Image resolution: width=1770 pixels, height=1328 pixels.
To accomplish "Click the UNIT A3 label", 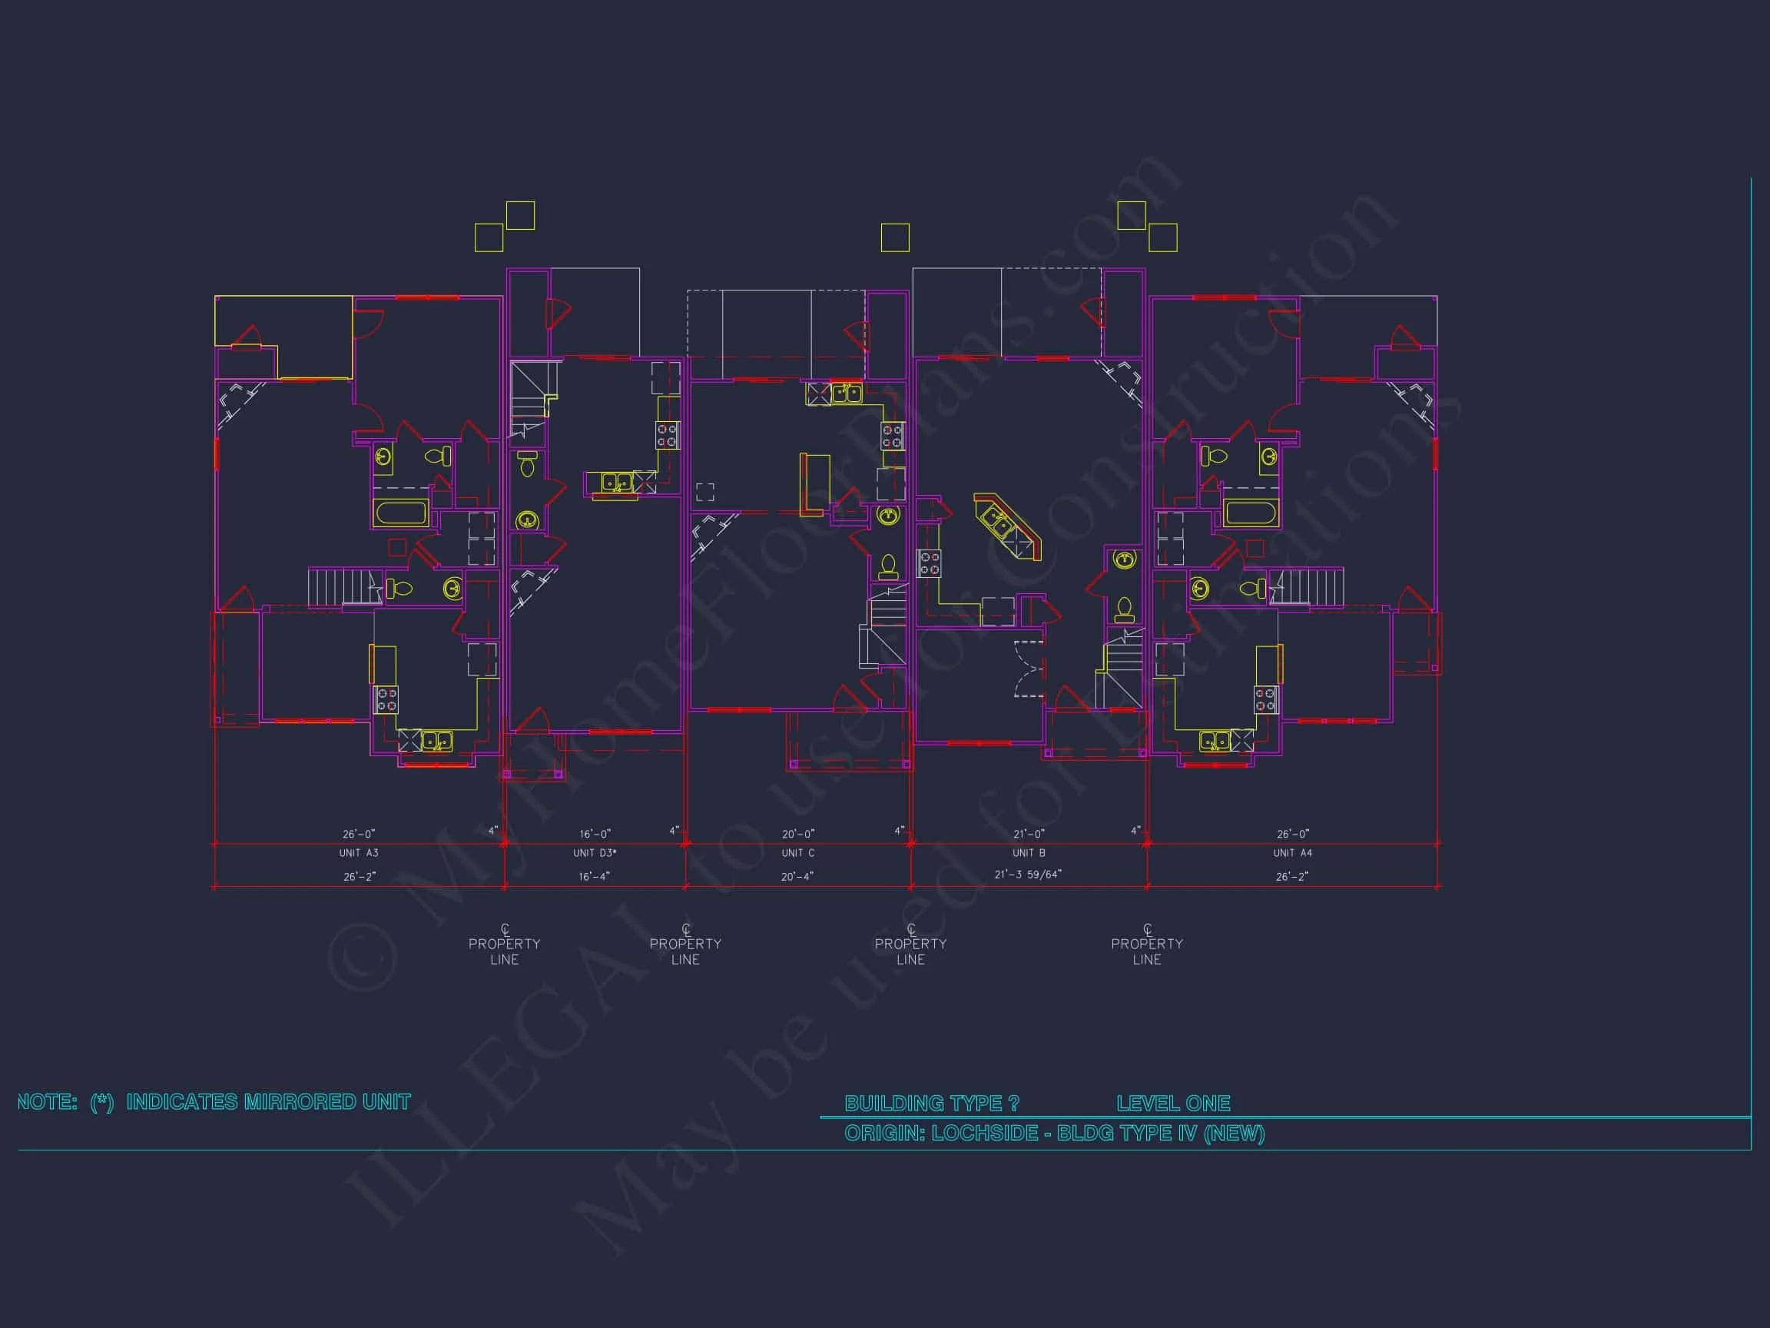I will click(359, 853).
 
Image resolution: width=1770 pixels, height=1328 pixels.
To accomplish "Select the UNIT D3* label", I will click(595, 853).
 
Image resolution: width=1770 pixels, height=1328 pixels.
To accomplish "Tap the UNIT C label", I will click(797, 853).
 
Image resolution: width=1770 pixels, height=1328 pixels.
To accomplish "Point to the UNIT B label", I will click(1028, 853).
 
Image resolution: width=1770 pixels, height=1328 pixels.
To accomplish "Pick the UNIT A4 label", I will click(1292, 853).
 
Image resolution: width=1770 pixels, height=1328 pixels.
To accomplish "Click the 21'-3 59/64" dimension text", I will click(1027, 875).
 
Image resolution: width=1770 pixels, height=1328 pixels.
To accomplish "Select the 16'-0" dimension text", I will click(595, 834).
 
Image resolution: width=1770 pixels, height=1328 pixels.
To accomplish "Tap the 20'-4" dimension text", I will click(797, 877).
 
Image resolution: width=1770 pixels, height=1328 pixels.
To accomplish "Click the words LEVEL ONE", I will click(1173, 1104).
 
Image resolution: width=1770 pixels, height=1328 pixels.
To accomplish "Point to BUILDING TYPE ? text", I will click(932, 1104).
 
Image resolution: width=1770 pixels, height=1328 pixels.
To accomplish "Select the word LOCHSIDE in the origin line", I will click(985, 1134).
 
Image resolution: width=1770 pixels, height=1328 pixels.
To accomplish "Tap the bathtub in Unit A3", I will click(402, 513).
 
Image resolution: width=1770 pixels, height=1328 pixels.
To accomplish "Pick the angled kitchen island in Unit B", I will click(1008, 526).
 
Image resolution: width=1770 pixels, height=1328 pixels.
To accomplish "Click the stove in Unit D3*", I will click(668, 436).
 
